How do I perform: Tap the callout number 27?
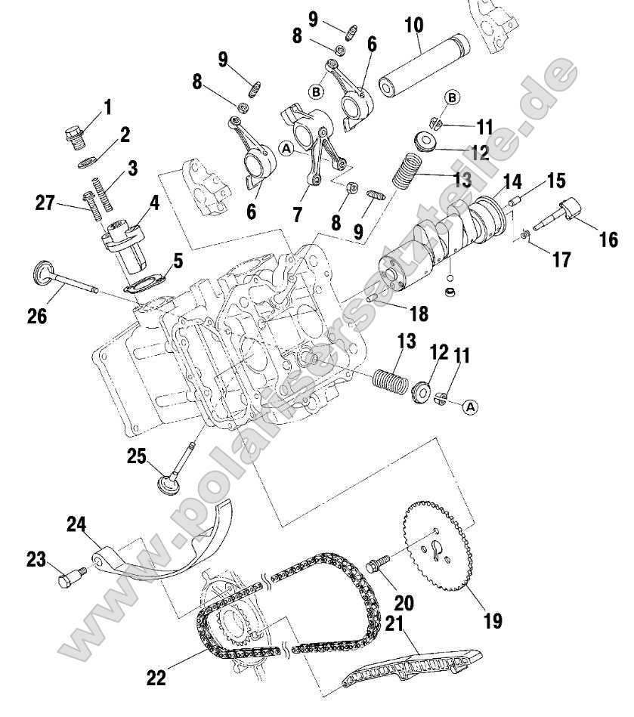47,202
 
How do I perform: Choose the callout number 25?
136,456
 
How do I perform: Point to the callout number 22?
156,678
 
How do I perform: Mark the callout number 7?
297,215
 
